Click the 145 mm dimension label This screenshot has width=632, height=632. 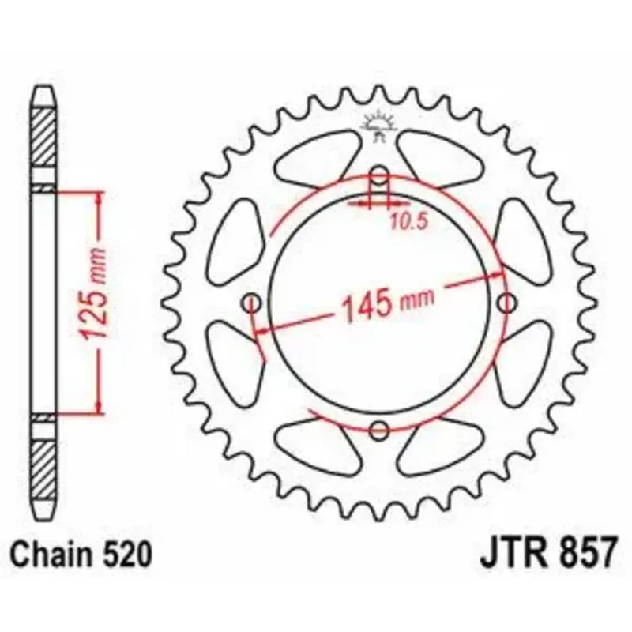(x=388, y=305)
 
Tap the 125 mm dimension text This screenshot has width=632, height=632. (x=92, y=294)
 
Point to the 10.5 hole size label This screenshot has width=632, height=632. (x=408, y=222)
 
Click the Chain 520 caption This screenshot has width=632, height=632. (x=81, y=555)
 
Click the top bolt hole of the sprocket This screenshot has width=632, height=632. (x=379, y=175)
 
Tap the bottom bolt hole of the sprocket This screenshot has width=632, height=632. (x=379, y=430)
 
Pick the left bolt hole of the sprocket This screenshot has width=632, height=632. (x=252, y=303)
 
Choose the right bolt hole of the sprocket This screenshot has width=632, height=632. (x=506, y=303)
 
